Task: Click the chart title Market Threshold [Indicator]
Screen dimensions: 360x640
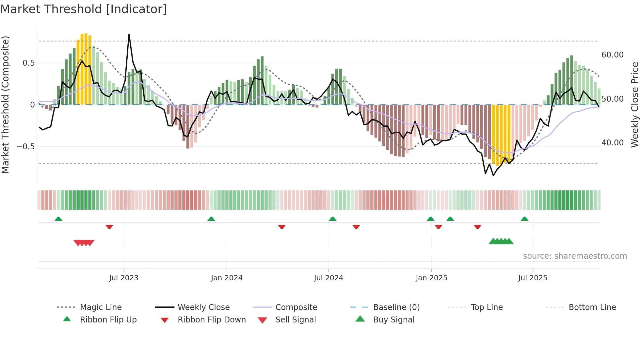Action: (84, 9)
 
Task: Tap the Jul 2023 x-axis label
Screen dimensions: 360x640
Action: (124, 278)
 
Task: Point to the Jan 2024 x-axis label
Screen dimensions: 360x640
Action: (227, 278)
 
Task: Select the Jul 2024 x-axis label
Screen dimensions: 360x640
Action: (328, 278)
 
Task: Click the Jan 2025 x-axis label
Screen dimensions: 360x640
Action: (431, 278)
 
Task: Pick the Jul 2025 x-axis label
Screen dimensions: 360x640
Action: (533, 278)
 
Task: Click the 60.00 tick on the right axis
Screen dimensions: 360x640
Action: (612, 55)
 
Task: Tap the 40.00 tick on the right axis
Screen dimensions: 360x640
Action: (612, 143)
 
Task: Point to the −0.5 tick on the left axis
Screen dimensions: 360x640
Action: (25, 147)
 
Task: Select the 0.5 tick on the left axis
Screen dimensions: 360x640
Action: (28, 63)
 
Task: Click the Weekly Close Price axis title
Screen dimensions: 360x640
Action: (634, 105)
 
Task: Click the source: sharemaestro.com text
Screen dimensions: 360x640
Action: (575, 256)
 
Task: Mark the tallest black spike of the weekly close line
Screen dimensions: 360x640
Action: (129, 35)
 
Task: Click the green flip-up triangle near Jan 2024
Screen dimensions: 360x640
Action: (211, 219)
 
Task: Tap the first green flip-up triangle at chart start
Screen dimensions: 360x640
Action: (58, 219)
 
